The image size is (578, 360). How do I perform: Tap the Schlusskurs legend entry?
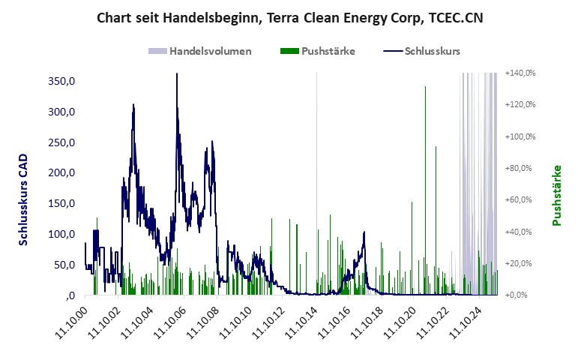click(x=432, y=51)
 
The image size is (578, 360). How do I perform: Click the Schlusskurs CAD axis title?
click(x=23, y=199)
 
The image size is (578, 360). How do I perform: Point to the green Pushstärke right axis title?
click(x=556, y=195)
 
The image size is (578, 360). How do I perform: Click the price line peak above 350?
click(x=177, y=75)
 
